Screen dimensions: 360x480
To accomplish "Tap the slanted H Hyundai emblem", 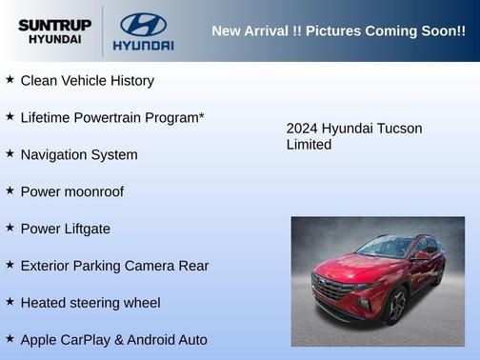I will tap(143, 24).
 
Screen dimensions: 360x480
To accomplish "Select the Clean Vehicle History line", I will tap(87, 81).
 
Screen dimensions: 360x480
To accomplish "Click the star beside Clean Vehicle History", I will tap(10, 80).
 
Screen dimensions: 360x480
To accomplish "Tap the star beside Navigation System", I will tap(10, 153).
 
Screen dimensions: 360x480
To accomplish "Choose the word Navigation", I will tap(55, 154).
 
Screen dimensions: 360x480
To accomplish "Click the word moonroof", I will tap(92, 191).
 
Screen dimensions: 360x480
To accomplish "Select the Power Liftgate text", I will tap(65, 229).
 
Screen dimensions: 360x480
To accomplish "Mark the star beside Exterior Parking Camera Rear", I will tap(10, 265).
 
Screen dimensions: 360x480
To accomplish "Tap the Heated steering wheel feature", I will tap(90, 303).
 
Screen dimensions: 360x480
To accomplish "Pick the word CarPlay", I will tap(93, 340).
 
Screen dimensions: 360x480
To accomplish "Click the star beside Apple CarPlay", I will tap(10, 338).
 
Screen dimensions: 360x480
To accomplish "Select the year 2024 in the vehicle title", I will tap(302, 129).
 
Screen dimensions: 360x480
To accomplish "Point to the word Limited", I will tap(309, 145).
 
